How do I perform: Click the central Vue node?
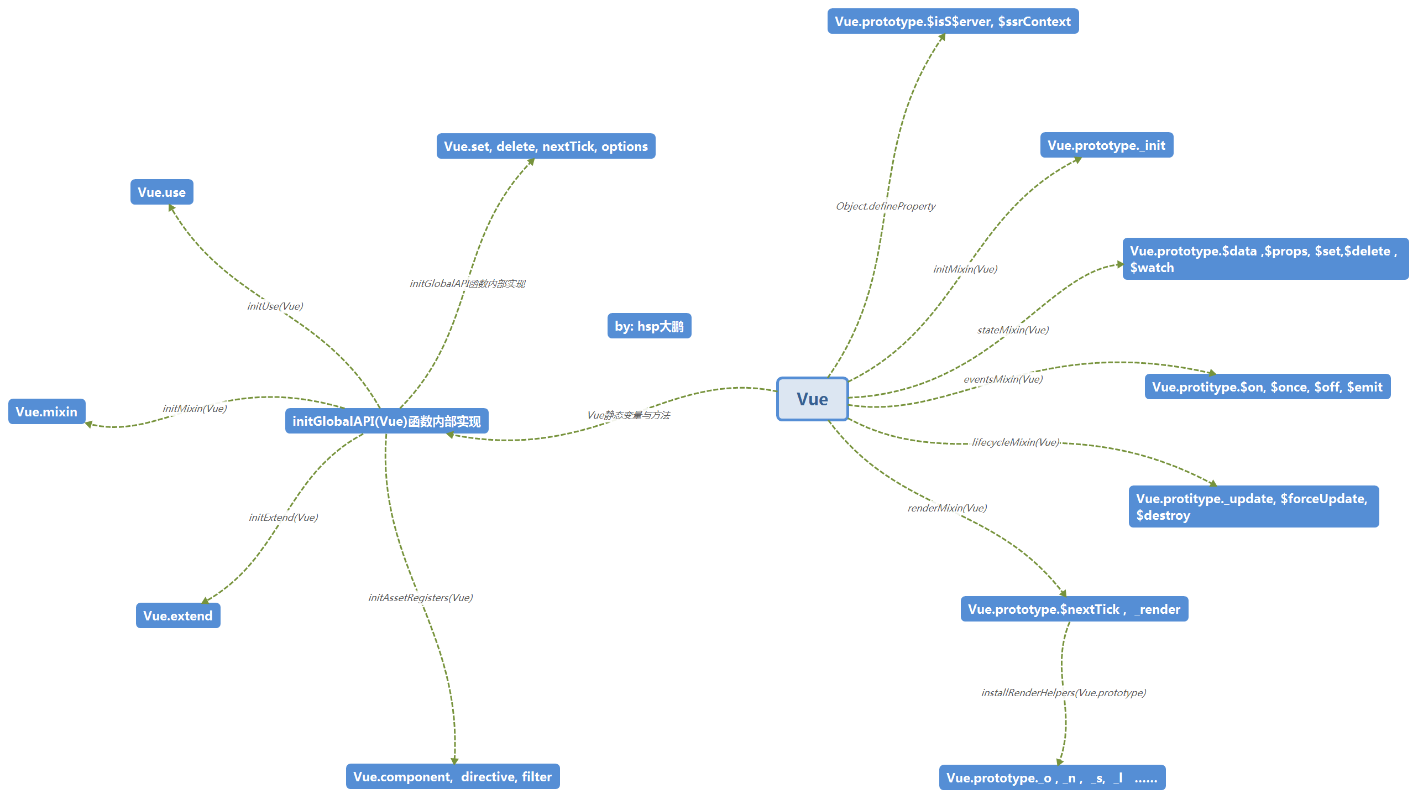(812, 399)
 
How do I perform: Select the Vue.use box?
(161, 192)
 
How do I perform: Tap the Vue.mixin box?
(46, 411)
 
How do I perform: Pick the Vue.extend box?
(177, 615)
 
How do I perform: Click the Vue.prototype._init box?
(1106, 145)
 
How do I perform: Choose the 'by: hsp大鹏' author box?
(649, 326)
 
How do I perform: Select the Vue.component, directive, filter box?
(452, 776)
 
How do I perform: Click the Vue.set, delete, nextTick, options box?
(546, 146)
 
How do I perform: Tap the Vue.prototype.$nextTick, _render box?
(1074, 609)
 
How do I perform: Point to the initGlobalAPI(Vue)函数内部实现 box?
(386, 421)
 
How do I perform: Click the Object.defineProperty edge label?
(885, 206)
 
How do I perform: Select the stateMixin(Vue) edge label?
(1012, 330)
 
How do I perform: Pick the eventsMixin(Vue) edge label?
(1003, 379)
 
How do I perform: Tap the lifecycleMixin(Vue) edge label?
(1016, 442)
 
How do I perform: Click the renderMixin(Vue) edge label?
(946, 508)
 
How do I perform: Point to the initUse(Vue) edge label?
(275, 306)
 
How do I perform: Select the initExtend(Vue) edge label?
(283, 518)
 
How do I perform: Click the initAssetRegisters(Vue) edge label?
(420, 598)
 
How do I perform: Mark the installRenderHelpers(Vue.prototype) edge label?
(1063, 693)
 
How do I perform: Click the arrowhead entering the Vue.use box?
(172, 208)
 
